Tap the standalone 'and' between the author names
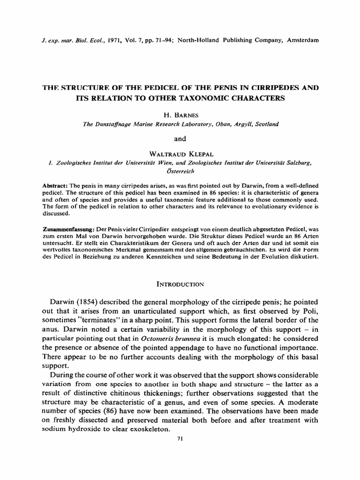pyautogui.click(x=180, y=139)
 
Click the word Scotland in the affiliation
pyautogui.click(x=265, y=124)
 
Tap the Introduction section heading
pyautogui.click(x=180, y=284)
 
